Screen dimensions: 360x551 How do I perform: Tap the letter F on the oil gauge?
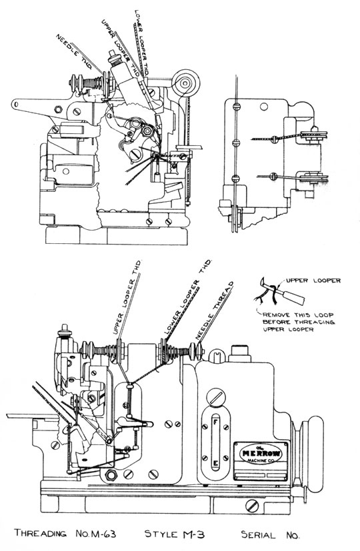pyautogui.click(x=215, y=420)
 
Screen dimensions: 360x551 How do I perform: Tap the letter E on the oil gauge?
pyautogui.click(x=215, y=463)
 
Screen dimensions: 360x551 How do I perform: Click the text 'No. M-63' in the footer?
pyautogui.click(x=96, y=534)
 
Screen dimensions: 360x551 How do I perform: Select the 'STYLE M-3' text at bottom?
pyautogui.click(x=175, y=534)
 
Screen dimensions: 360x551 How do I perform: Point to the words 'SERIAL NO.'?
pyautogui.click(x=270, y=535)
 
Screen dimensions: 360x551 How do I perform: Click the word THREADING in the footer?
pyautogui.click(x=40, y=534)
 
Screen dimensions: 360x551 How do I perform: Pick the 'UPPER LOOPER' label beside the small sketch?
pyautogui.click(x=313, y=280)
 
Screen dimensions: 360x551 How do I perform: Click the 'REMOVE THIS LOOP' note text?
pyautogui.click(x=298, y=315)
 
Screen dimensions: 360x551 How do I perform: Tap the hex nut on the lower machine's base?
pyautogui.click(x=111, y=476)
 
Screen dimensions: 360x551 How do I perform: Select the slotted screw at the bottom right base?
pyautogui.click(x=253, y=506)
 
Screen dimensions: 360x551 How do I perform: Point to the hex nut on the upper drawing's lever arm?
pyautogui.click(x=58, y=109)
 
